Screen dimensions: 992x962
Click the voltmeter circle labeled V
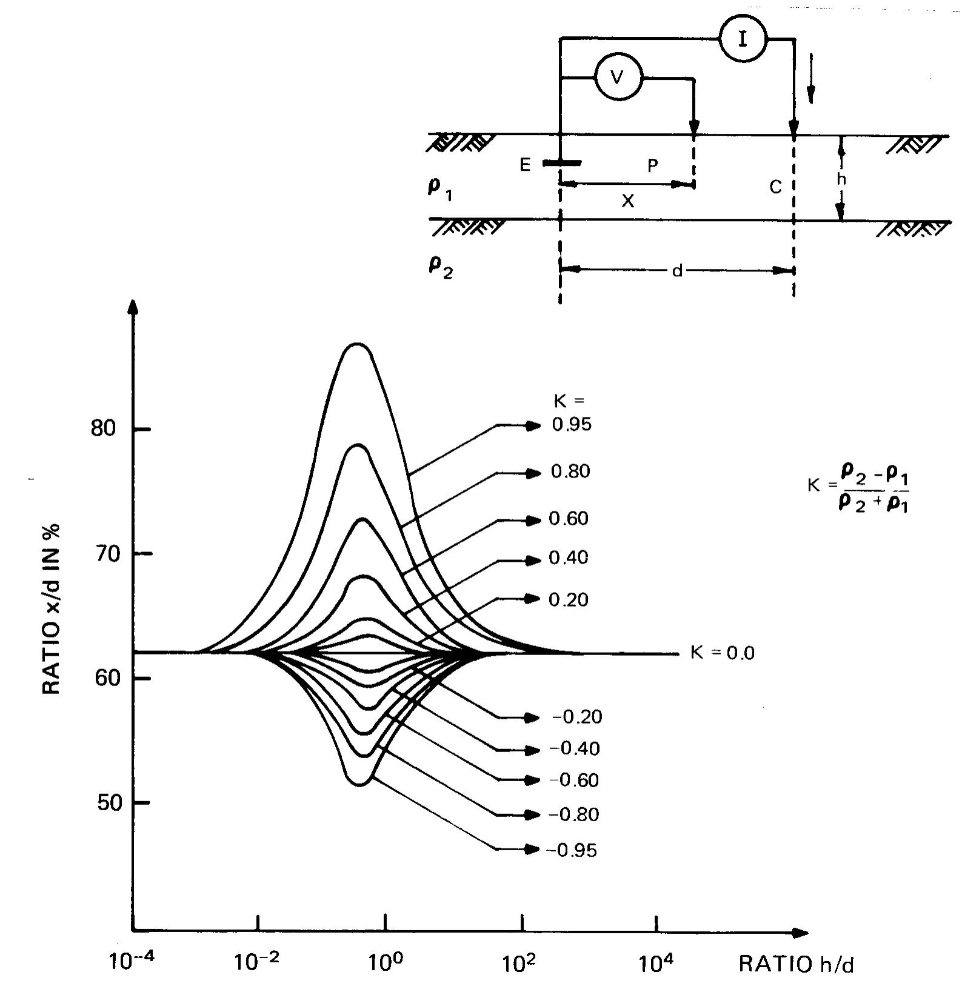[618, 78]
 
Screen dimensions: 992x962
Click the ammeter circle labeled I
[743, 38]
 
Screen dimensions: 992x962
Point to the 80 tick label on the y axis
[102, 428]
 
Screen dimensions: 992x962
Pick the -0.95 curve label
[572, 850]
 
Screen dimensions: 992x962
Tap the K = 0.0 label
[723, 653]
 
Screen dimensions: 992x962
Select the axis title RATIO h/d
[796, 964]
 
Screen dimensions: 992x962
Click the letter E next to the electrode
[525, 164]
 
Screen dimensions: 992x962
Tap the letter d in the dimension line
[677, 271]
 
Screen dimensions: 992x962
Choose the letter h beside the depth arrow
[841, 179]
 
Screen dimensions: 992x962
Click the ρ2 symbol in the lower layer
[441, 268]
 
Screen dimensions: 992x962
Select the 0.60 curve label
[569, 519]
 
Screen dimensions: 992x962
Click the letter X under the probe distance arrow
[628, 201]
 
